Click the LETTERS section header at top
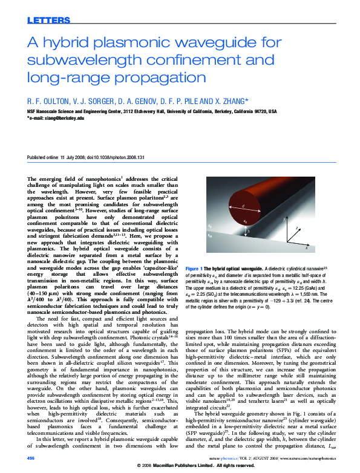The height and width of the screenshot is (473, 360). tap(49, 21)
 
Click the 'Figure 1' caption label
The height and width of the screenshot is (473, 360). tap(197, 268)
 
